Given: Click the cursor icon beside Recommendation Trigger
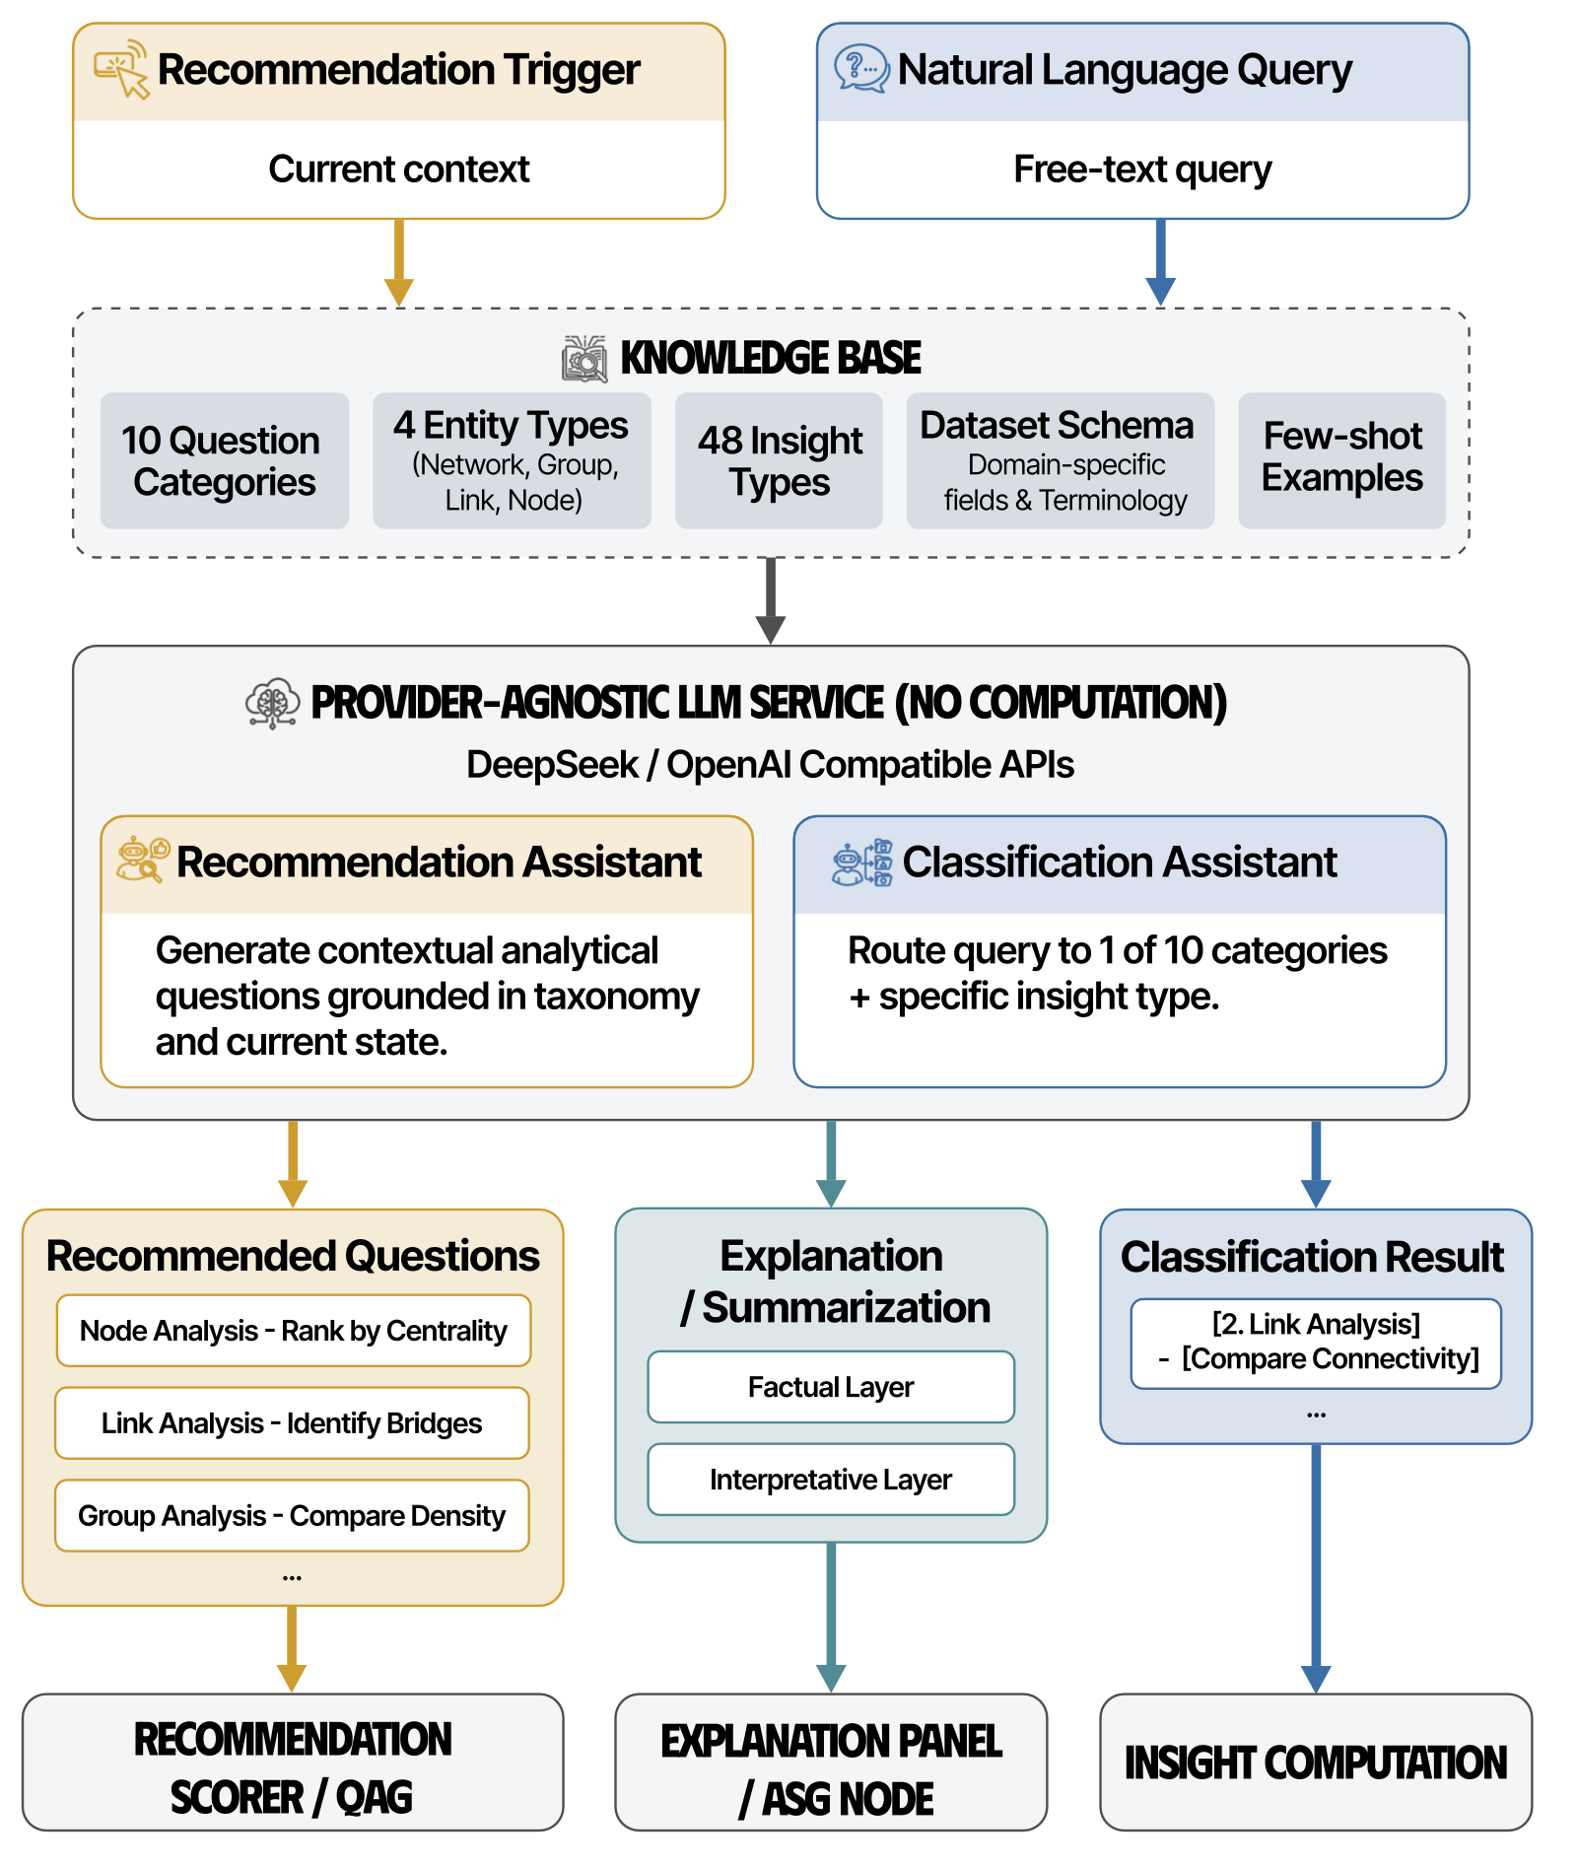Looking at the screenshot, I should [121, 69].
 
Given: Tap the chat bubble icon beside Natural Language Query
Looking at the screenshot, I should [860, 69].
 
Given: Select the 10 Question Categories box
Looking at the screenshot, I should [225, 460].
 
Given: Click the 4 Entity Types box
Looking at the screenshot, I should [512, 460].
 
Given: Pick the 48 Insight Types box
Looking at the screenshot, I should [779, 460].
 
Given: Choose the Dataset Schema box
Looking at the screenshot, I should [1060, 460].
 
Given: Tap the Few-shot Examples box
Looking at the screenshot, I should [1341, 460].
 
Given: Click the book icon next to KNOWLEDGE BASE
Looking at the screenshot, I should [584, 359].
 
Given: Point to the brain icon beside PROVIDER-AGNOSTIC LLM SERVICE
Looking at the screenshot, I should [272, 703].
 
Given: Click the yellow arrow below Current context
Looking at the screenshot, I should [399, 262].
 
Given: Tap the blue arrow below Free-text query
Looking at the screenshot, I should [1161, 262].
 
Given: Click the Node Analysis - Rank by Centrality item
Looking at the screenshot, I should [294, 1331].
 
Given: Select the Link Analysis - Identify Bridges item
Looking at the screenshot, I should [292, 1423].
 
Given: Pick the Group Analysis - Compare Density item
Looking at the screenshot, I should [292, 1516].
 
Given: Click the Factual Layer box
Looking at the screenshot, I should [831, 1387].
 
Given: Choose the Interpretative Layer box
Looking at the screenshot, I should [831, 1480].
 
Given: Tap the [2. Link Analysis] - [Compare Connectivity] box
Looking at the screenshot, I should [1316, 1343].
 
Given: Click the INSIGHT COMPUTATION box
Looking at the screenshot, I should [1316, 1763].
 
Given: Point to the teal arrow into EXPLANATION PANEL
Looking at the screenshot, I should [831, 1617].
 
